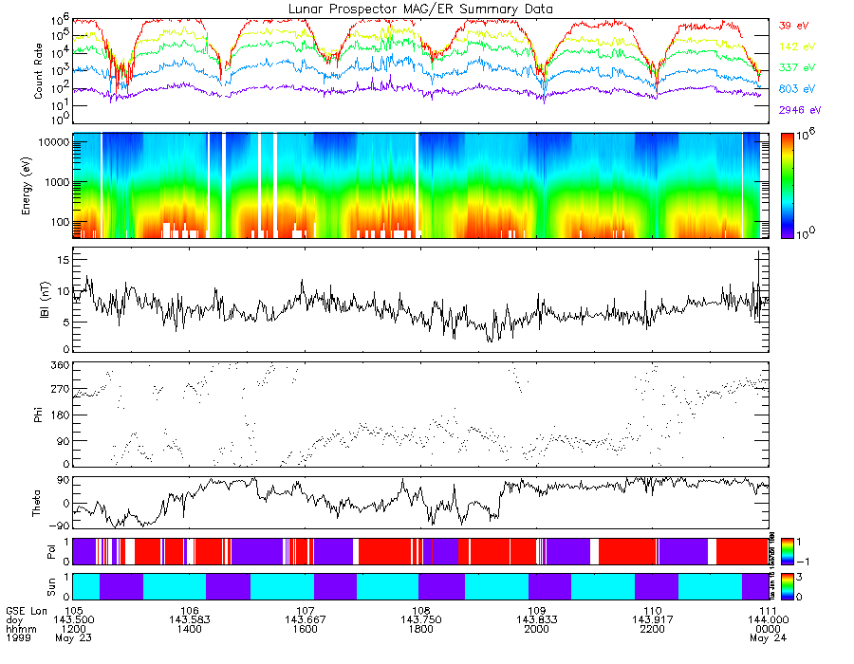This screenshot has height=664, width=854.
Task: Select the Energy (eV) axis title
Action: click(39, 185)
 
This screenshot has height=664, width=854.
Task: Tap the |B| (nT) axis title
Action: click(39, 300)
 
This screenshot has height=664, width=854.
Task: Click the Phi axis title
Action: click(39, 415)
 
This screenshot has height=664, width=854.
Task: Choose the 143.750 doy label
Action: click(421, 618)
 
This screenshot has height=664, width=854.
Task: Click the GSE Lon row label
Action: click(26, 609)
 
